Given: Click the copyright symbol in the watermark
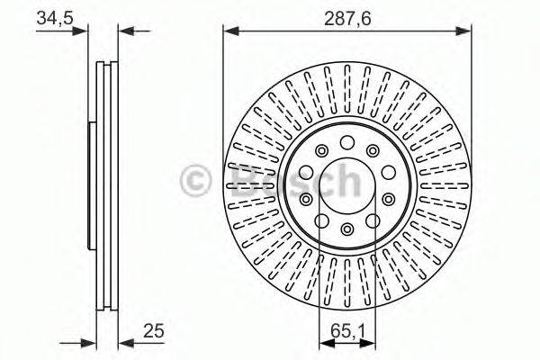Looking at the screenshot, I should [196, 180].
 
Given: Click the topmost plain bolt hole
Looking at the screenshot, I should [347, 141].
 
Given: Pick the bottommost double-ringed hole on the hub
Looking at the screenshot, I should [347, 231].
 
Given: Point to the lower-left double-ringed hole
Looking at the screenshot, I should [307, 200].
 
